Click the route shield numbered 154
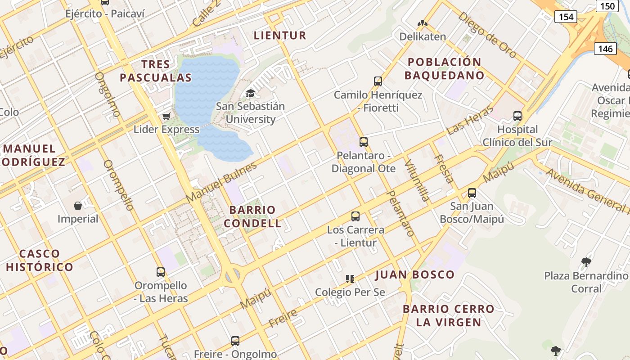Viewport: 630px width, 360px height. pyautogui.click(x=566, y=17)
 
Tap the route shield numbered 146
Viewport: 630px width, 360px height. pyautogui.click(x=605, y=49)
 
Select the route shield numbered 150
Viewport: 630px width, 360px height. pyautogui.click(x=607, y=6)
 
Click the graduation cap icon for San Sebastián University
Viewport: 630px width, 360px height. pyautogui.click(x=250, y=93)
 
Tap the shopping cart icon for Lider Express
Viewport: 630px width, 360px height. pyautogui.click(x=166, y=117)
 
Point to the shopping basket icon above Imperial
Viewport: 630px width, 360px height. pyautogui.click(x=78, y=206)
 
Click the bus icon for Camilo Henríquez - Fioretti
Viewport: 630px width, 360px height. pyautogui.click(x=378, y=81)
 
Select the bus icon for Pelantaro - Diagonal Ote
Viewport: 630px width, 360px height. pyautogui.click(x=364, y=142)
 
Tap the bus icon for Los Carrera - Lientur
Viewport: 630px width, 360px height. pyautogui.click(x=355, y=216)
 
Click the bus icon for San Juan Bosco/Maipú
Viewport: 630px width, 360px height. pyautogui.click(x=472, y=193)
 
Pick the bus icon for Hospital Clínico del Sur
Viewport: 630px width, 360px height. pyautogui.click(x=517, y=116)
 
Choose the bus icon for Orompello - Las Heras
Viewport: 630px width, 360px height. pyautogui.click(x=161, y=272)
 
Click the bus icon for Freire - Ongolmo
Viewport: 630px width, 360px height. pyautogui.click(x=235, y=341)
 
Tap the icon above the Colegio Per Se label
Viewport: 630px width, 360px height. pyautogui.click(x=350, y=279)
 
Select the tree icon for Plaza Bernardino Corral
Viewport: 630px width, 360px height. pyautogui.click(x=586, y=262)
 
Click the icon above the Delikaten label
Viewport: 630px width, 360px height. pyautogui.click(x=422, y=23)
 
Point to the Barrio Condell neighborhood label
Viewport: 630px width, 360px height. pyautogui.click(x=252, y=216)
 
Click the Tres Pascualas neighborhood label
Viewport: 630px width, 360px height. pyautogui.click(x=156, y=71)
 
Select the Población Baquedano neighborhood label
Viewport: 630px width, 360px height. pyautogui.click(x=444, y=68)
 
